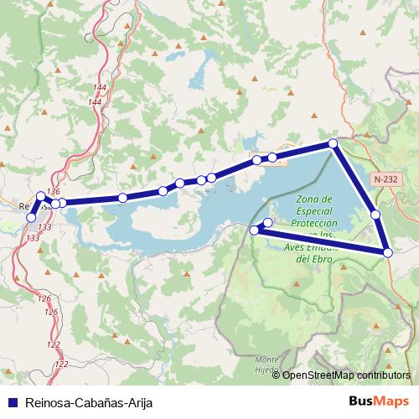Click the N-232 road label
click(387, 178)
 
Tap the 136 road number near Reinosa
click(54, 192)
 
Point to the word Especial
click(316, 212)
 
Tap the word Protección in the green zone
click(316, 224)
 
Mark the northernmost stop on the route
click(334, 144)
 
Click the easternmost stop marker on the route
click(388, 251)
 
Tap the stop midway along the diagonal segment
click(375, 215)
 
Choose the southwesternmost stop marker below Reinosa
click(32, 217)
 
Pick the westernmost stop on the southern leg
click(255, 230)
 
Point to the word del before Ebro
click(303, 259)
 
